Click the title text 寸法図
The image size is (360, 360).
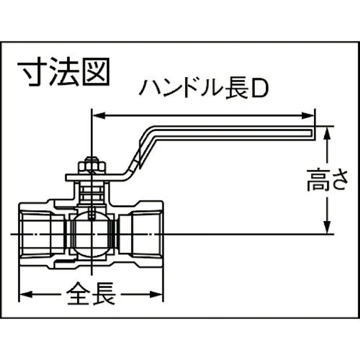[x=64, y=74]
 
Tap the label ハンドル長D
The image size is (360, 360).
[x=202, y=89]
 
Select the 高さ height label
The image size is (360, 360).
[x=328, y=181]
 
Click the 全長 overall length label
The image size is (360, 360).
[x=91, y=293]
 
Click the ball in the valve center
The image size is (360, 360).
[x=91, y=233]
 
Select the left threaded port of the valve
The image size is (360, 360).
[x=38, y=233]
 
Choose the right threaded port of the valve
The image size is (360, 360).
[x=144, y=233]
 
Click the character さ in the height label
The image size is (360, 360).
[x=338, y=181]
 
